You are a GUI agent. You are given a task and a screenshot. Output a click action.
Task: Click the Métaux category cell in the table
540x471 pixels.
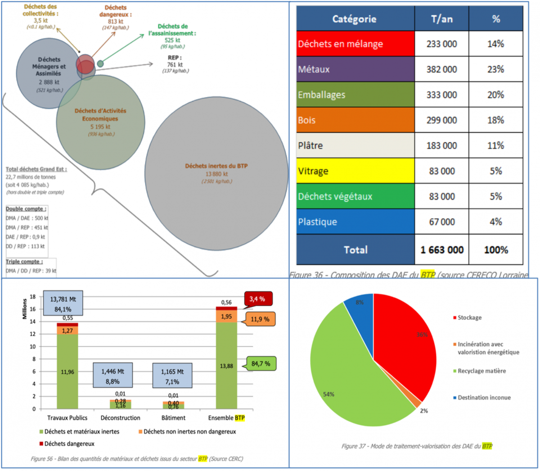pos(355,69)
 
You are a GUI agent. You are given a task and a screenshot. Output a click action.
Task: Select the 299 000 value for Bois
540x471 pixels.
pos(441,120)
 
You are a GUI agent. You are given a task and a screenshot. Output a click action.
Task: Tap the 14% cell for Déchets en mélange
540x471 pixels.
pos(495,44)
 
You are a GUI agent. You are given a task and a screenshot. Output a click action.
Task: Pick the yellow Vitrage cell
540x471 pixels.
pos(355,171)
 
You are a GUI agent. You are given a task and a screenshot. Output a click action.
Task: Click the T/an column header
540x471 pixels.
pos(441,19)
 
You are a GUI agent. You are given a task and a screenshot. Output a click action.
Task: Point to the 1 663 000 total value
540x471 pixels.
pos(441,250)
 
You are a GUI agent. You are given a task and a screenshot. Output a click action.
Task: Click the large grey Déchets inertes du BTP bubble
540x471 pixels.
pos(216,189)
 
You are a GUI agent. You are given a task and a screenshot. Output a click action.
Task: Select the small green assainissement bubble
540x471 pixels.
pos(100,63)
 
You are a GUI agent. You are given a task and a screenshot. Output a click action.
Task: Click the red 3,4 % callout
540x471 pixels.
pos(258,299)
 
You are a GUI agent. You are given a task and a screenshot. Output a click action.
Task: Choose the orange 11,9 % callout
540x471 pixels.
pos(260,319)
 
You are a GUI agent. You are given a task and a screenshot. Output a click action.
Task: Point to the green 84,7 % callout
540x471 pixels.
pos(261,363)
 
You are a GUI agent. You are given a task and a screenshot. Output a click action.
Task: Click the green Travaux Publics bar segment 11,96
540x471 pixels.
pos(67,372)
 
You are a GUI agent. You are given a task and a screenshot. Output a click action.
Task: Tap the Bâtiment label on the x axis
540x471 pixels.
pos(173,418)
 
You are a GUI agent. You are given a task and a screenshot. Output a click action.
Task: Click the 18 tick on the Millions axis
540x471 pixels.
pos(32,297)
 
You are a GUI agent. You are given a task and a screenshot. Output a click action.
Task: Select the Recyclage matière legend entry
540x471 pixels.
pos(481,371)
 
